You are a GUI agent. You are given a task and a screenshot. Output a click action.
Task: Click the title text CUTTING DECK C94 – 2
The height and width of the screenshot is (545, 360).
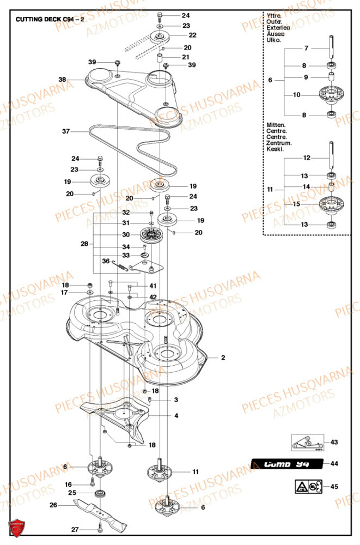[50, 19]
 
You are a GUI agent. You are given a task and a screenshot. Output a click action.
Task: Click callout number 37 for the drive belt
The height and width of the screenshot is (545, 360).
[66, 131]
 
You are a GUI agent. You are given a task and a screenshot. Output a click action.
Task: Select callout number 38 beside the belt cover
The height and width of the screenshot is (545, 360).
[63, 80]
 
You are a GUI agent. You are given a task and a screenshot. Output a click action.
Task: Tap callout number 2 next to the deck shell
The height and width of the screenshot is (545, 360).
[223, 358]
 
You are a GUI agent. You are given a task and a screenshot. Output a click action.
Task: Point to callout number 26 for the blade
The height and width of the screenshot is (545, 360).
[53, 505]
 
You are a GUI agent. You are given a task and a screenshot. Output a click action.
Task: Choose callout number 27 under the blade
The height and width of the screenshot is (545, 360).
[75, 529]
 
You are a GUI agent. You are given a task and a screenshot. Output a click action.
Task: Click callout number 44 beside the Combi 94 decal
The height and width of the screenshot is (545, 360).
[334, 463]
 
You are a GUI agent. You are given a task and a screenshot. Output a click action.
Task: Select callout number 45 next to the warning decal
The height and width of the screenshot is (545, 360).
[334, 486]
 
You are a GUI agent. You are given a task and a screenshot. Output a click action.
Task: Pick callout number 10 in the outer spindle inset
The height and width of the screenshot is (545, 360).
[296, 95]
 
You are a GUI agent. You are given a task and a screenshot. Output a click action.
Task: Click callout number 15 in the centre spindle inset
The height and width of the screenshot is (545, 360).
[296, 204]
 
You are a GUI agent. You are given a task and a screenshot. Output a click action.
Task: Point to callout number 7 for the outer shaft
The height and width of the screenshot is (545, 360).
[306, 49]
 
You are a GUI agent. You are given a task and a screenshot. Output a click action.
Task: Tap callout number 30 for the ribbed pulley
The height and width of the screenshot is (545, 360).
[125, 235]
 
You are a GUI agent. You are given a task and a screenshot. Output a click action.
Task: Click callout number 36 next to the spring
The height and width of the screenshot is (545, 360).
[106, 261]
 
